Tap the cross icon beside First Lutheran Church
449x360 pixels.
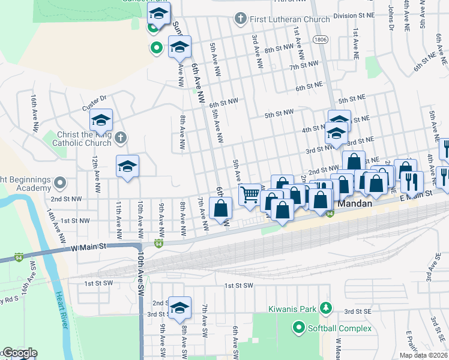click(240, 19)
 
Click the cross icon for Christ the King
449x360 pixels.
click(120, 139)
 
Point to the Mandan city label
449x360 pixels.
click(356, 204)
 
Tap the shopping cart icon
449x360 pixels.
click(250, 194)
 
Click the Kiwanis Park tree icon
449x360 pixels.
click(326, 308)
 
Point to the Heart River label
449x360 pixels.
click(61, 309)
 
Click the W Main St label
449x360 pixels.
click(88, 247)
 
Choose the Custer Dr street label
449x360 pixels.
click(94, 103)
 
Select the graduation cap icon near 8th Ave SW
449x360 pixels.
click(179, 308)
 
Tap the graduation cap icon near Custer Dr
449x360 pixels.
click(101, 121)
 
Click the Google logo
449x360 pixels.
click(20, 353)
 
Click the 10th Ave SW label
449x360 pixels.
click(141, 273)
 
